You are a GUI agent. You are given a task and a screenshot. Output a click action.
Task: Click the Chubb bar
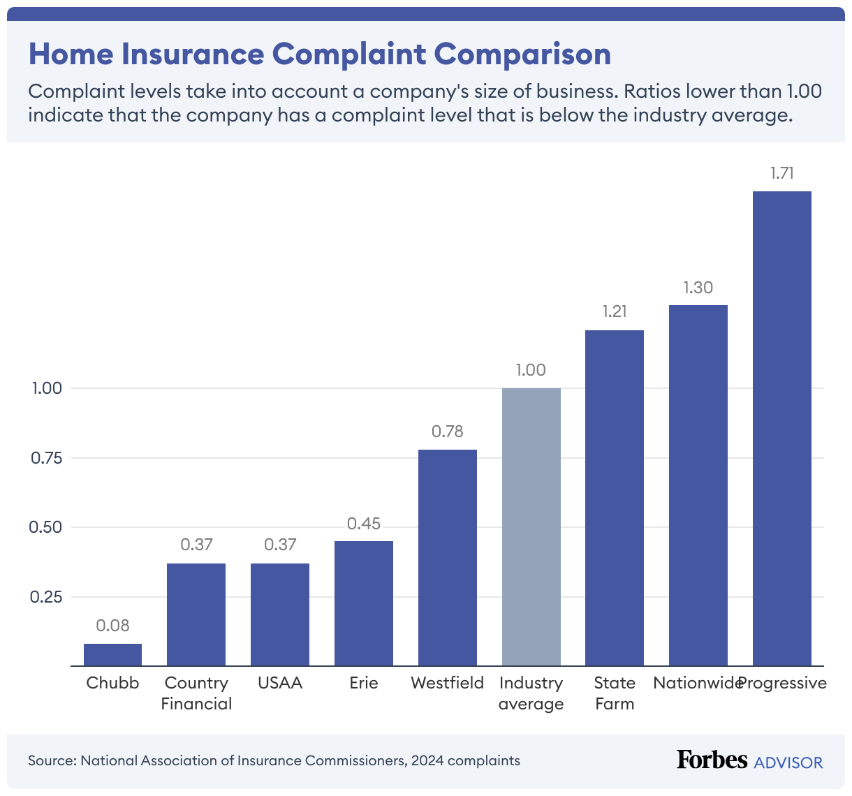(x=112, y=654)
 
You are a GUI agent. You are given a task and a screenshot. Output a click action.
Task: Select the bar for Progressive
(x=781, y=428)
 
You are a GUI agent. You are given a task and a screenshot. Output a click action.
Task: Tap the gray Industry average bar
(x=531, y=526)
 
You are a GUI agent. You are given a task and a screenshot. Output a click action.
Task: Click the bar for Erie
(x=363, y=603)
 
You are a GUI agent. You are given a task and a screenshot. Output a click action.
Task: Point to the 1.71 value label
(x=781, y=174)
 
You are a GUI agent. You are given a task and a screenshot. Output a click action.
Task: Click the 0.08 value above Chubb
(x=112, y=626)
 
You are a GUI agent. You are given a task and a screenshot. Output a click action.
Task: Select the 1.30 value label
(x=698, y=288)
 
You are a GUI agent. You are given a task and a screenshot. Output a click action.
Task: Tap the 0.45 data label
(x=363, y=524)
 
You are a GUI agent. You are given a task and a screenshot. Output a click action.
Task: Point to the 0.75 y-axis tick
(x=46, y=458)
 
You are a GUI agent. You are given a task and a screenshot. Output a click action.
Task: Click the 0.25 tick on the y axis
(x=46, y=597)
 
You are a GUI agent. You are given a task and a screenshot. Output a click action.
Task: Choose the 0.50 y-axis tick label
(x=46, y=527)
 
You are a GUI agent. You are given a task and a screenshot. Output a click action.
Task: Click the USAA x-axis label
(x=279, y=683)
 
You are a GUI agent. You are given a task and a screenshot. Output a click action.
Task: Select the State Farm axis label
(x=615, y=693)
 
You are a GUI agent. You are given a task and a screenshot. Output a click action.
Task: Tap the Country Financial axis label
(x=196, y=693)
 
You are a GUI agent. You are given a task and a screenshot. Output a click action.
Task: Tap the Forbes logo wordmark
(x=712, y=760)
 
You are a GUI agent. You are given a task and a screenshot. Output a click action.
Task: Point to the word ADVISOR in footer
(x=788, y=762)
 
